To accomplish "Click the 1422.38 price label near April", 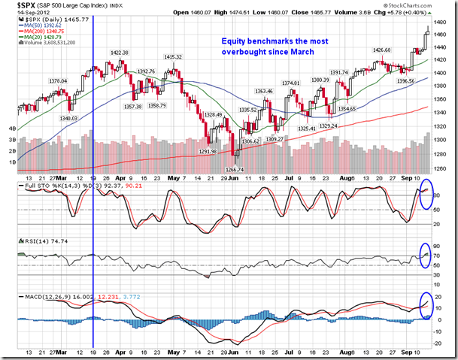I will pos(121,53).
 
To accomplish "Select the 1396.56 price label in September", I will pos(406,80).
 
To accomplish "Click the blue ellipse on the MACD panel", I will pos(426,309).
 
